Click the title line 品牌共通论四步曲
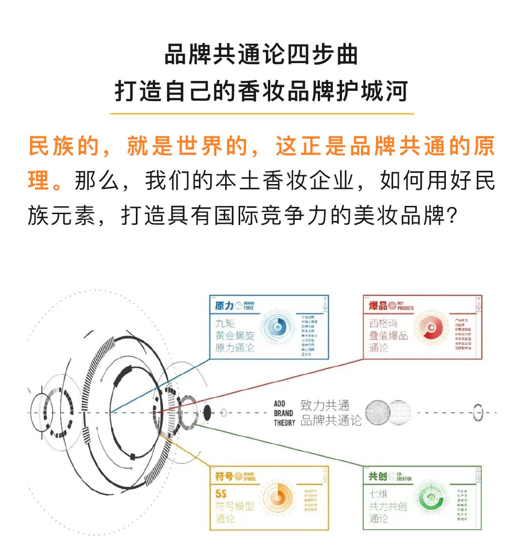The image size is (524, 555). tap(262, 54)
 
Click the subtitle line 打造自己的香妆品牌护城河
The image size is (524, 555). tap(262, 91)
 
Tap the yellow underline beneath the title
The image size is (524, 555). tap(262, 114)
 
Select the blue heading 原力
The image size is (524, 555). tap(224, 306)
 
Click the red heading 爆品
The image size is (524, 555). tap(378, 306)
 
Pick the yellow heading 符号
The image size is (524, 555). tap(224, 476)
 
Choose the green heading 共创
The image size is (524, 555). tap(377, 476)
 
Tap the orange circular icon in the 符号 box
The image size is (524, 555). tap(278, 498)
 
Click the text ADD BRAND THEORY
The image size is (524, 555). tap(284, 413)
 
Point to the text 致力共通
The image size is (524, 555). tap(325, 405)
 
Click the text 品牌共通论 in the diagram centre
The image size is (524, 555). tap(331, 420)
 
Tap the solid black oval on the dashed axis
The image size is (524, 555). tap(207, 413)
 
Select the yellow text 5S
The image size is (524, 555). tap(221, 494)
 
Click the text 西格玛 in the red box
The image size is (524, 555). tap(383, 323)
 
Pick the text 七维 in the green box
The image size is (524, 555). tap(378, 494)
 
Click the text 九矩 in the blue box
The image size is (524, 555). tap(225, 323)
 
